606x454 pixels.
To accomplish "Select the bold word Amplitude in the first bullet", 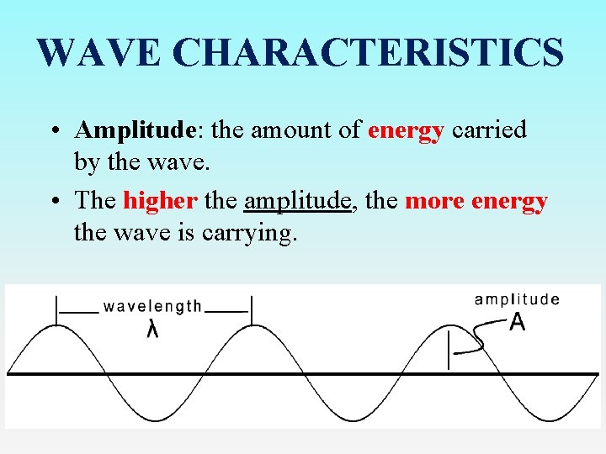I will (136, 131).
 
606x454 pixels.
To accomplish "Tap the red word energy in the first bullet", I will (406, 131).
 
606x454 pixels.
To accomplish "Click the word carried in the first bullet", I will (489, 130).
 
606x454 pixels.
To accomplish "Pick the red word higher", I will (160, 201).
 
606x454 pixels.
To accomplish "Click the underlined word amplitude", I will (297, 202).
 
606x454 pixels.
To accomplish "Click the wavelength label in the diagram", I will (152, 307).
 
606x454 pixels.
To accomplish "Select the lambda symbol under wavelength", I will (152, 330).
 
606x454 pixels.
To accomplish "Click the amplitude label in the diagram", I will (517, 299).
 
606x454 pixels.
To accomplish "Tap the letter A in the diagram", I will (518, 322).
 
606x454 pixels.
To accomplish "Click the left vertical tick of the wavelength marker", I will (56, 309).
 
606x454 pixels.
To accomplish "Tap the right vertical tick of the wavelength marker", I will (251, 309).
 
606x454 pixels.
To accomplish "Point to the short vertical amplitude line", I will (449, 348).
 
